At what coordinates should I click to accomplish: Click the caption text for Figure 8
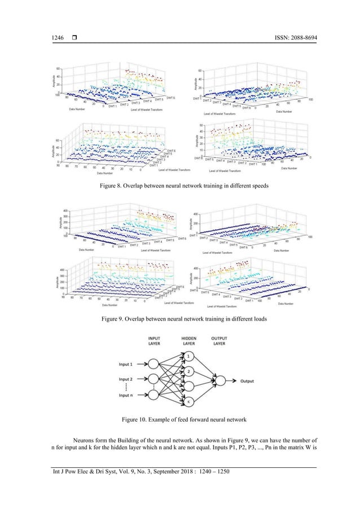(179, 185)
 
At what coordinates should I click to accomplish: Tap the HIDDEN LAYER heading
(188, 341)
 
